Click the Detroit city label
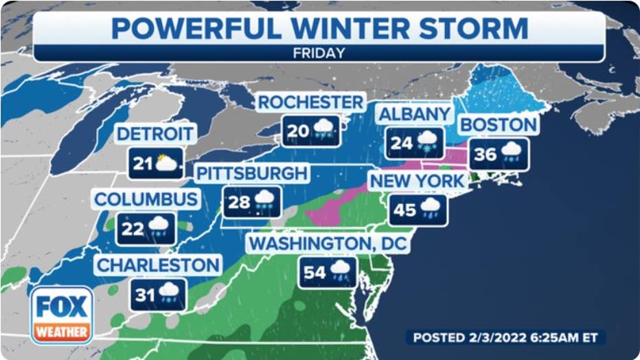[156, 133]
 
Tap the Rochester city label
[310, 102]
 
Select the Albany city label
[414, 114]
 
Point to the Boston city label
[499, 125]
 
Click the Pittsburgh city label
[251, 173]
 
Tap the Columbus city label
[147, 199]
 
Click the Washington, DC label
[328, 244]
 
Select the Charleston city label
[158, 265]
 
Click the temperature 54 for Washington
[315, 272]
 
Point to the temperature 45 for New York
[404, 210]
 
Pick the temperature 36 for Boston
[485, 155]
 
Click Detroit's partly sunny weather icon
[167, 164]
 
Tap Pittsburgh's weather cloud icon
[264, 201]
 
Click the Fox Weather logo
[62, 315]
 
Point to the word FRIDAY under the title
[319, 52]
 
